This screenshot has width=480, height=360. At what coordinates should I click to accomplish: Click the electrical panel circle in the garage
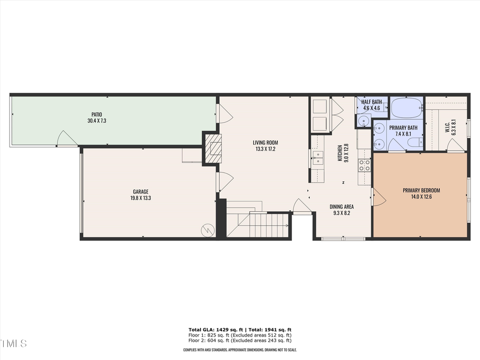point(206,230)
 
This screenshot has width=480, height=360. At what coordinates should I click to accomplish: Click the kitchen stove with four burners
point(365,165)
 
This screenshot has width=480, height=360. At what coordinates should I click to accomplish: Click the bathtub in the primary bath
point(406,108)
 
